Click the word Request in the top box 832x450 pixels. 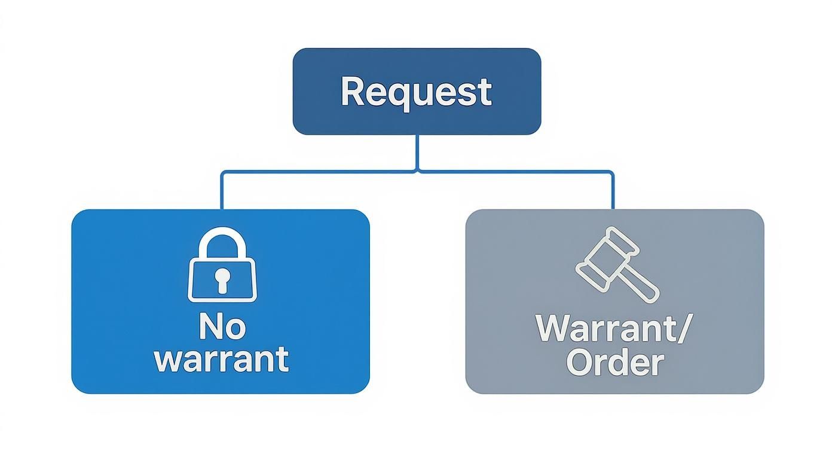coord(416,92)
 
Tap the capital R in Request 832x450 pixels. coord(352,92)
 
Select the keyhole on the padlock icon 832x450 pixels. coord(222,279)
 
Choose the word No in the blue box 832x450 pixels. coord(222,327)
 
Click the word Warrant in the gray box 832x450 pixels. coord(607,328)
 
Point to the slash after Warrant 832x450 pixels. coord(680,328)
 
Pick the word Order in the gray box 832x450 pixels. coord(614,361)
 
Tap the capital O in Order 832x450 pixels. coord(579,361)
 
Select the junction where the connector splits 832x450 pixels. coord(417,172)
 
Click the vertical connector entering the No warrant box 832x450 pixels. coord(222,191)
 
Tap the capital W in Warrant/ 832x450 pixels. coord(553,328)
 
